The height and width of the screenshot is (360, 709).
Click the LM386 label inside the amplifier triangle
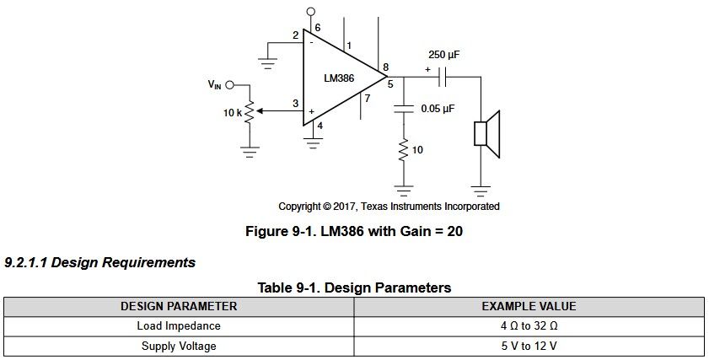pos(339,78)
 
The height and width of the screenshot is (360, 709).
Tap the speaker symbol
pos(486,134)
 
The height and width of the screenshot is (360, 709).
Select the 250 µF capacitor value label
pos(444,55)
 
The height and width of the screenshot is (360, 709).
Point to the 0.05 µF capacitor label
pos(438,109)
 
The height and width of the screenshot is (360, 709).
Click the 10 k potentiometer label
pos(233,113)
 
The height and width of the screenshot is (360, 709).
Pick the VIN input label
pos(214,84)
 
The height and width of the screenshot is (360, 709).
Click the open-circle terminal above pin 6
pos(310,11)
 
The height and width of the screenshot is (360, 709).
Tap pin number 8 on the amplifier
pos(386,67)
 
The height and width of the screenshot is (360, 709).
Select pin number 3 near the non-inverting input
pos(295,104)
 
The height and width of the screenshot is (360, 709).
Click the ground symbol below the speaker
pos(481,191)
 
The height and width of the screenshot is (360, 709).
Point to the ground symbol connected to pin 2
pos(268,63)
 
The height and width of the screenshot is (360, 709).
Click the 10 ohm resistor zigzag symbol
pos(403,151)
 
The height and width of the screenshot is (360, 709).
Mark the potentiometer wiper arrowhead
pos(261,110)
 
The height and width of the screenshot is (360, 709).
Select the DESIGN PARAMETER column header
pos(179,306)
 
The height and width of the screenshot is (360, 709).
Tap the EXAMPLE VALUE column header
pos(529,306)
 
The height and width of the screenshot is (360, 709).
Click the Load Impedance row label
pos(179,326)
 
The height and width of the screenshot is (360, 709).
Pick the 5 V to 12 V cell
pos(529,347)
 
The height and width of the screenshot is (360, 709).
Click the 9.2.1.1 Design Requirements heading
pos(100,263)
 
